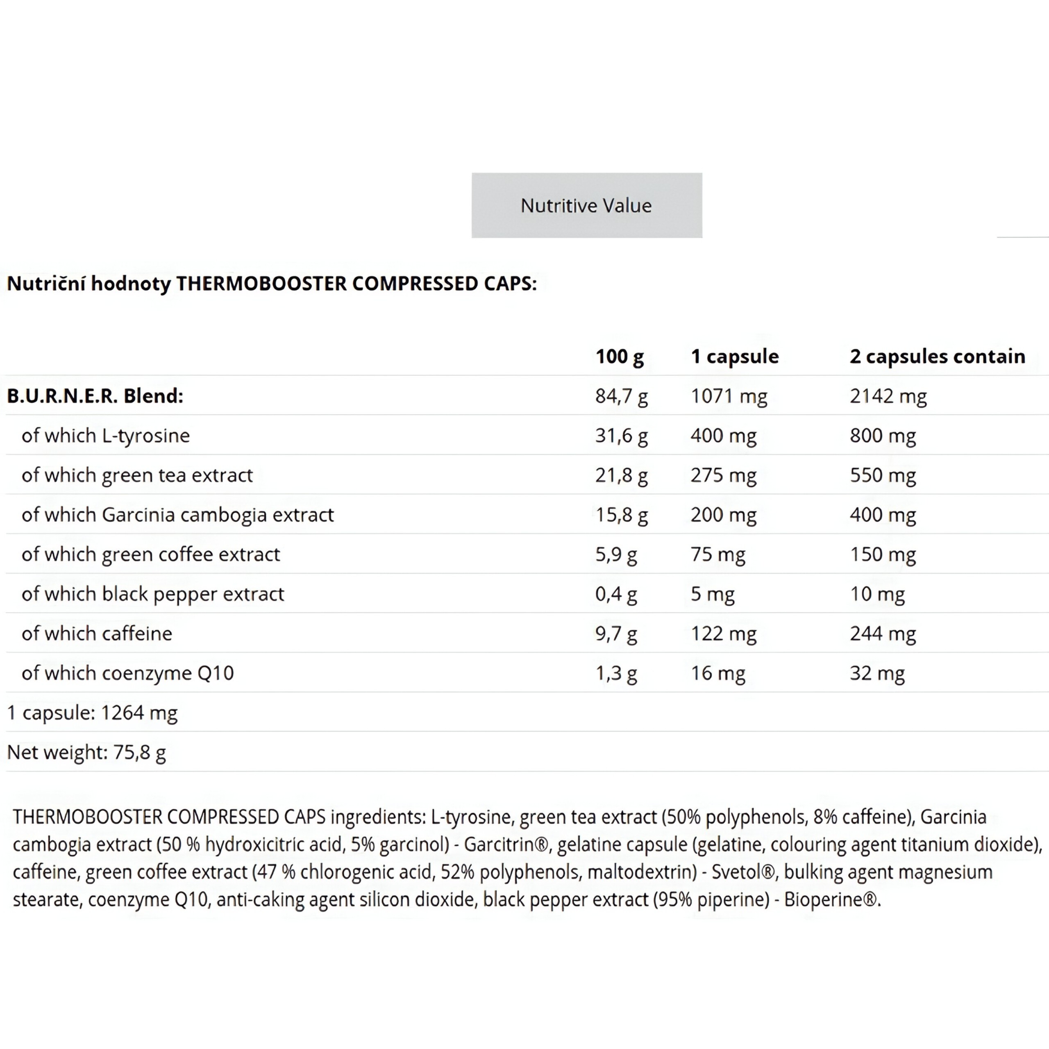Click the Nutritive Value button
(x=586, y=205)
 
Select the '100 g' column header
(x=619, y=357)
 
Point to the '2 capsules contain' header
(x=937, y=357)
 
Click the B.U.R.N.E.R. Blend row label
(x=95, y=396)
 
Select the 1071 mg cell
(x=729, y=396)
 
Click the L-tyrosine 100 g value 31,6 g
(x=621, y=436)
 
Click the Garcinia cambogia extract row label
(x=177, y=515)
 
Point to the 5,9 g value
(x=616, y=554)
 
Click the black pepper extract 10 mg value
(x=877, y=594)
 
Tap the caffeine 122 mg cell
(x=723, y=633)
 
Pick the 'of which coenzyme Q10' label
(x=127, y=673)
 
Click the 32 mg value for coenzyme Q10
(x=877, y=673)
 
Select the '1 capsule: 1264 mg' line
(x=92, y=713)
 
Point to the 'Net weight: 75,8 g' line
(x=86, y=753)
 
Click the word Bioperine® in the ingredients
(x=831, y=900)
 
